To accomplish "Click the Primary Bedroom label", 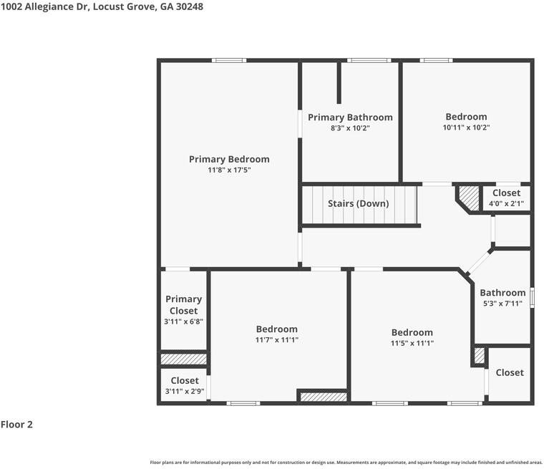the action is (x=229, y=160).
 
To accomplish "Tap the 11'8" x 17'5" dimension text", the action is (x=229, y=170).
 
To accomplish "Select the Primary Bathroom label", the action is (x=350, y=117).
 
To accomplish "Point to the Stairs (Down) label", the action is (x=358, y=203).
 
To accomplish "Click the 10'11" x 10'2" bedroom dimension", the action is (x=466, y=127).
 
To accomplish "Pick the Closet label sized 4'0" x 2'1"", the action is (x=507, y=193).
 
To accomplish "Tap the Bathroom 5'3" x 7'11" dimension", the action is (x=502, y=304).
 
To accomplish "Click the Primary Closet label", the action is (x=183, y=305).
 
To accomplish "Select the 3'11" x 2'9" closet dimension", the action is (x=185, y=392).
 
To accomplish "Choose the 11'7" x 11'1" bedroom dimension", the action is (x=277, y=340).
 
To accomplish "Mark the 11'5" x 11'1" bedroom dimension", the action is (x=412, y=343).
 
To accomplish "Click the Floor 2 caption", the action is (x=16, y=424).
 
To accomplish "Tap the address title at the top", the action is (x=102, y=6).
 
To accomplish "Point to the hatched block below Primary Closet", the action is (x=183, y=359).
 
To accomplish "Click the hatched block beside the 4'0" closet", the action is (x=469, y=198).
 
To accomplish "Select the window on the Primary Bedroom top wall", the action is (x=229, y=60).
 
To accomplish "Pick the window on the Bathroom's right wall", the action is (x=533, y=298).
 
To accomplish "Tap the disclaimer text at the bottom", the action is (x=346, y=463).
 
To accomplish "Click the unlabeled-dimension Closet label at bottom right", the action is (x=510, y=372).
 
